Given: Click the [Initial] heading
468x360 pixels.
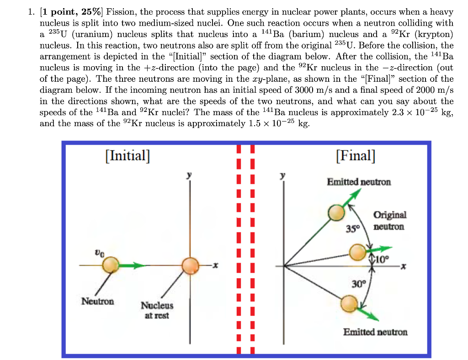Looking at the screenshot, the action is coord(128,156).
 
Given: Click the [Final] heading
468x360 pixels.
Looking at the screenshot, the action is coord(356,156).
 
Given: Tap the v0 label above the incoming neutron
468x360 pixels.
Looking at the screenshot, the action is coord(100,253).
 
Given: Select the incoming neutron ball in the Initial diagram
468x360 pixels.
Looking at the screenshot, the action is coord(111,265).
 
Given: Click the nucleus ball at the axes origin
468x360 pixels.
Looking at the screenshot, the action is coord(191,266).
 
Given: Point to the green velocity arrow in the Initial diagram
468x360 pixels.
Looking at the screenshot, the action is coord(132,265).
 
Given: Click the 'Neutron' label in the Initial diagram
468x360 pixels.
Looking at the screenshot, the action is coord(98,301).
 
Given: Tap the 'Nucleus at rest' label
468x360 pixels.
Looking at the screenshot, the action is coord(157,310).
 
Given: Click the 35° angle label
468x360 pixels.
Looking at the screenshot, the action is coord(353,229).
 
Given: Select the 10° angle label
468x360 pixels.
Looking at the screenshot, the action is coord(382,259).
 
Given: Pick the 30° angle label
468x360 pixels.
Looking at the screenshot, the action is coord(358,283).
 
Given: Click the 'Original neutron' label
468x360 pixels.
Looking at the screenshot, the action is coord(389,221).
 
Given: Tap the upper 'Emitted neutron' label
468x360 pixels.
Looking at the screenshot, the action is coord(359,182).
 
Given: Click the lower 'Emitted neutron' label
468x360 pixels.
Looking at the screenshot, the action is coord(375,332).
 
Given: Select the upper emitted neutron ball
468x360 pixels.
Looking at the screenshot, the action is coord(336,212).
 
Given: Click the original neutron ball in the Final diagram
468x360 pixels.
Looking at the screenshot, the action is coord(357,252).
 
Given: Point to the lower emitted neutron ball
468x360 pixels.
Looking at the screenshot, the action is coord(349,304).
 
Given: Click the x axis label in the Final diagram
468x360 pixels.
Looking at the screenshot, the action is coord(403,266).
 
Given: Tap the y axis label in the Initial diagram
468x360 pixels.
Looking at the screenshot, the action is coord(189,175).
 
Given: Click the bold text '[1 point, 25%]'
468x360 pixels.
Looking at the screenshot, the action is coord(71,12).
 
